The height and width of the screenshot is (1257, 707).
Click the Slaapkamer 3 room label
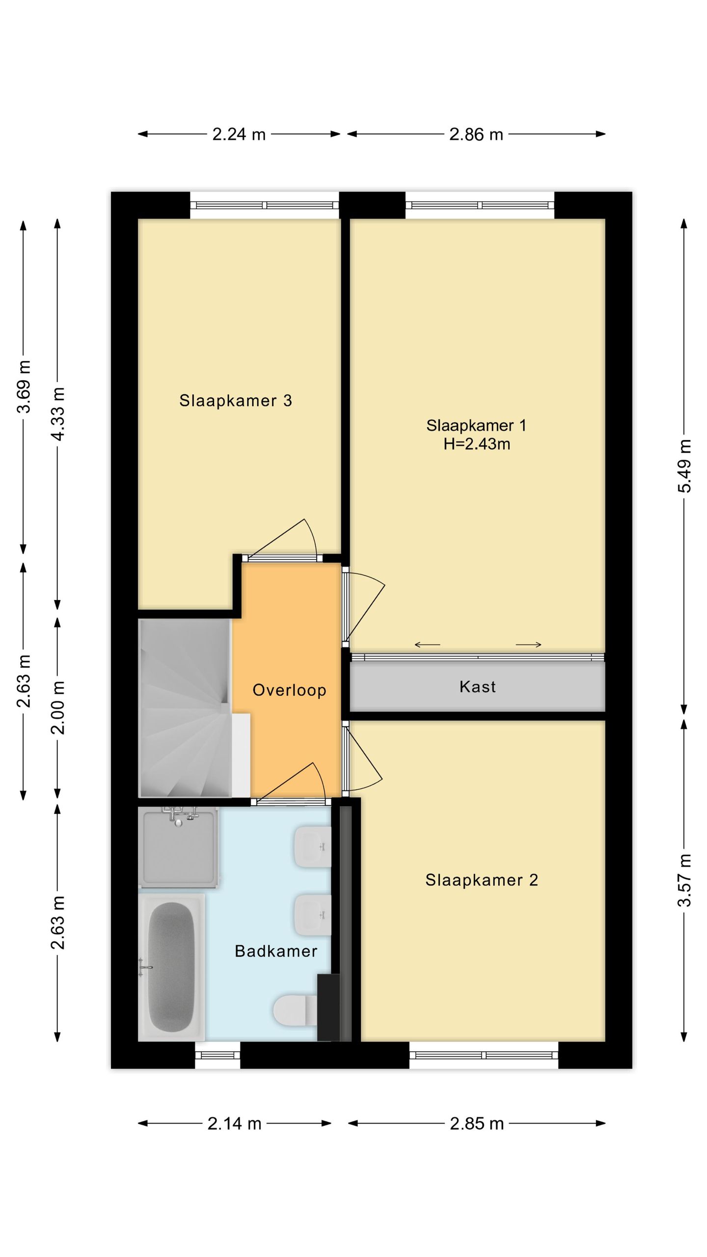(236, 401)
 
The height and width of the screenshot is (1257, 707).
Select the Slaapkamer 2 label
(482, 880)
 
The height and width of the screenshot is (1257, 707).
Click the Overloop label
(289, 690)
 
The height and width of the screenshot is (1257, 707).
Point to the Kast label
(478, 686)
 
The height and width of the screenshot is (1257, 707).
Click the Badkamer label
(276, 951)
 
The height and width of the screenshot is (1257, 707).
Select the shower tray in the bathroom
(179, 847)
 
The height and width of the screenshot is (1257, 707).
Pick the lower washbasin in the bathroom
(313, 915)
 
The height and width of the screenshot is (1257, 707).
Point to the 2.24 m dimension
(239, 134)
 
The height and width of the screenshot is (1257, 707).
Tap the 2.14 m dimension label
(234, 1123)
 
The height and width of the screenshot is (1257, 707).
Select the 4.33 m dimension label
(58, 413)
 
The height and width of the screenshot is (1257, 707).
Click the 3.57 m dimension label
(684, 880)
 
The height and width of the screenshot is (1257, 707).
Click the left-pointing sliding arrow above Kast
(427, 645)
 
